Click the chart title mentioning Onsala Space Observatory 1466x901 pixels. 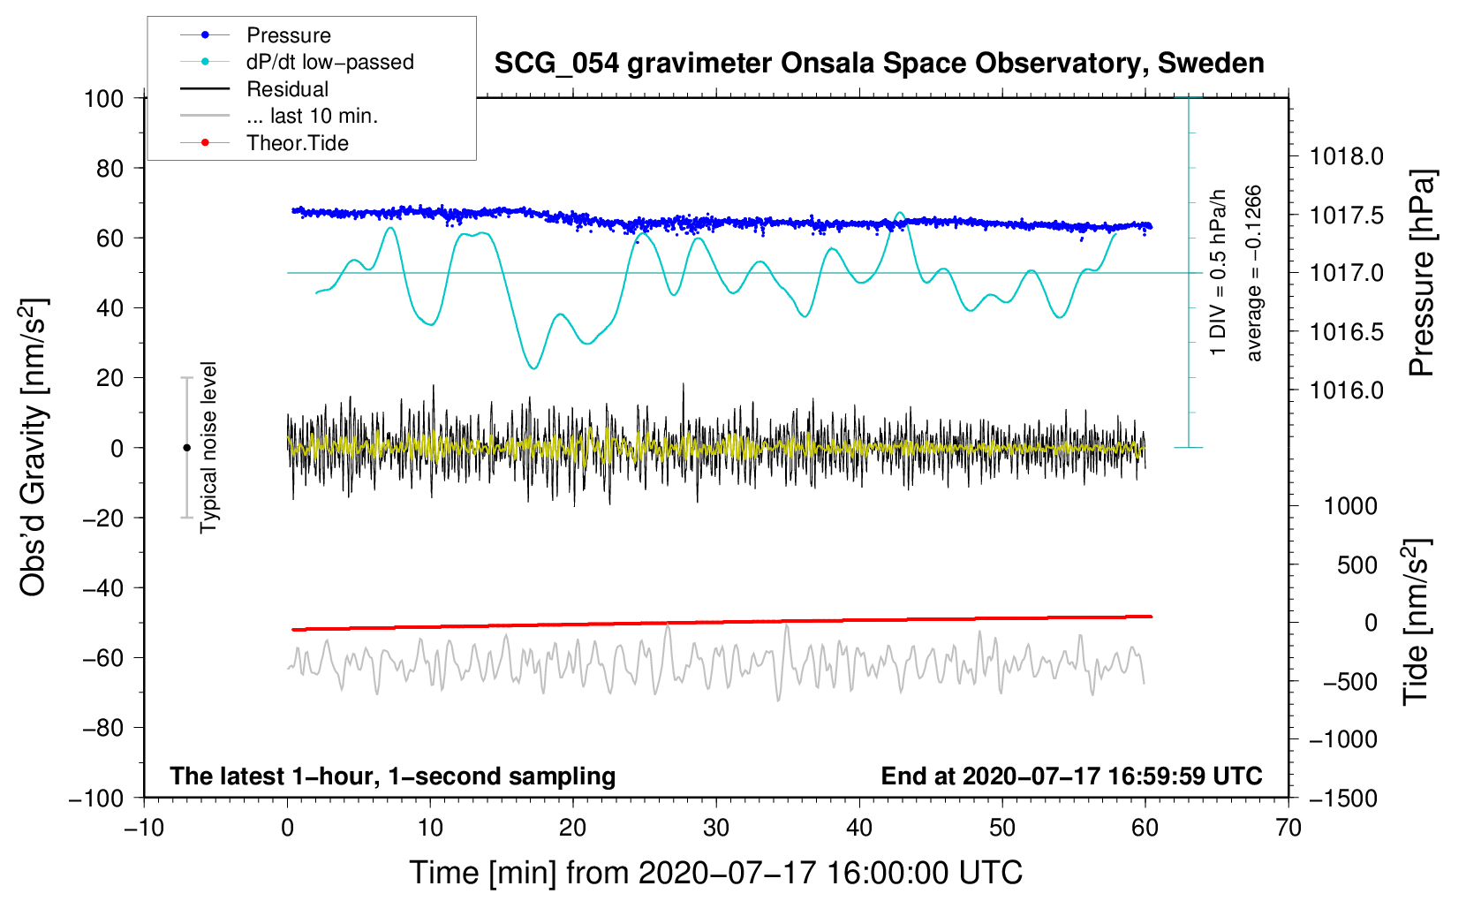(879, 64)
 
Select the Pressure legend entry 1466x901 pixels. (288, 35)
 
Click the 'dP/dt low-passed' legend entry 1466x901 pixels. (329, 62)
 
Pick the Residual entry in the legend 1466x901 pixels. (287, 89)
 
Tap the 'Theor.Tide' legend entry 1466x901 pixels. (297, 143)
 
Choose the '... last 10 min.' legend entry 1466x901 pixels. (312, 116)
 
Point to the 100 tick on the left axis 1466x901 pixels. (103, 98)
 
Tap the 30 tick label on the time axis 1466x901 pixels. (716, 828)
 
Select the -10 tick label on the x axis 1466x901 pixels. (144, 828)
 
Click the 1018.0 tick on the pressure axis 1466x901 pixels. (1346, 156)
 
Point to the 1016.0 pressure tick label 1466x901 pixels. (1346, 390)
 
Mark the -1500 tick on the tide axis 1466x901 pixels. (1342, 798)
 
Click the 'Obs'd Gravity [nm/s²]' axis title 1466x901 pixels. (34, 448)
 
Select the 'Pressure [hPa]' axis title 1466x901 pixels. (1422, 273)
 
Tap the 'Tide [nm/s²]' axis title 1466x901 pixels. (1417, 622)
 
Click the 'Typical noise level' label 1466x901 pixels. (208, 448)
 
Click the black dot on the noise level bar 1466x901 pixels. (186, 448)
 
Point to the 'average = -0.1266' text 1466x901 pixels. (1254, 273)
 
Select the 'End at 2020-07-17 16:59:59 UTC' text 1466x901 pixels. (1071, 776)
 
